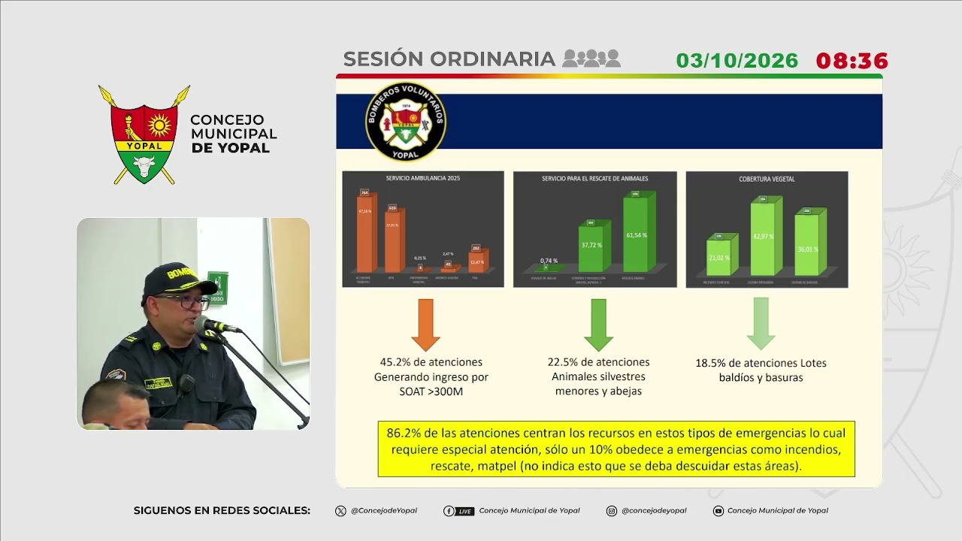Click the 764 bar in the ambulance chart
pyautogui.click(x=365, y=233)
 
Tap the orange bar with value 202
pyautogui.click(x=476, y=261)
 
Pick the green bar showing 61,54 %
pyautogui.click(x=637, y=234)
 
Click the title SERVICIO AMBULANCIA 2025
pyautogui.click(x=422, y=179)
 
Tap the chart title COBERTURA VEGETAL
pyautogui.click(x=767, y=179)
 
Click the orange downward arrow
pyautogui.click(x=425, y=324)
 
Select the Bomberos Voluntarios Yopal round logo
pyautogui.click(x=406, y=122)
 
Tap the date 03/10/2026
pyautogui.click(x=737, y=61)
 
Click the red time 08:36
pyautogui.click(x=852, y=61)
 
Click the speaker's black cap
pyautogui.click(x=176, y=279)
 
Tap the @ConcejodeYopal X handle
pyautogui.click(x=383, y=511)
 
